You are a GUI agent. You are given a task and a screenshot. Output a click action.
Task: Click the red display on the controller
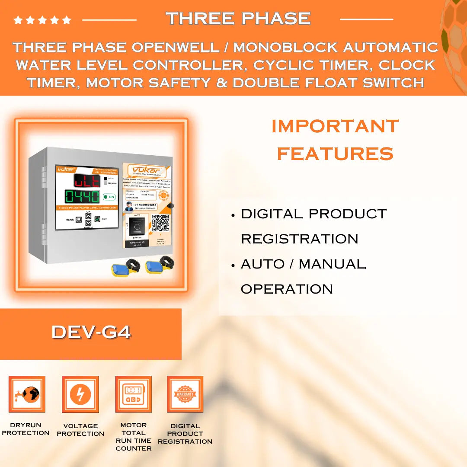click(87, 180)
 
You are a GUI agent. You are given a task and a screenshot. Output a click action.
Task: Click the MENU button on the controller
click(79, 220)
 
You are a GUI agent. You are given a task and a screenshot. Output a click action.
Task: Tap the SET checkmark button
click(98, 219)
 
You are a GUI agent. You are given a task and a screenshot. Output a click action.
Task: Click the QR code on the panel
click(160, 223)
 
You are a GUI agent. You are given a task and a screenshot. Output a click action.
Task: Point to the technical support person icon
click(128, 207)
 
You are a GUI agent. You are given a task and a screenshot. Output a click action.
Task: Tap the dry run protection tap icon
click(27, 394)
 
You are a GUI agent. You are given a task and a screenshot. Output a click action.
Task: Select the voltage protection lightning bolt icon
click(80, 394)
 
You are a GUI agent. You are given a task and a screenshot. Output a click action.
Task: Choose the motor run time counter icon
click(133, 394)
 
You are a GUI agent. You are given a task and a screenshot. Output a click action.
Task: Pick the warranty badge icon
click(185, 394)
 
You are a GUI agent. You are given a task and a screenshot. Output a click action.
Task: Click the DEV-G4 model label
click(91, 332)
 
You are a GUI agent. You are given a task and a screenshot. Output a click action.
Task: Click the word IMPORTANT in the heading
click(335, 126)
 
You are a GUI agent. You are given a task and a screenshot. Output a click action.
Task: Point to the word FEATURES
click(335, 154)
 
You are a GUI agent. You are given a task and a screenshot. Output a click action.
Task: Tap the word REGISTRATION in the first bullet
click(300, 239)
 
